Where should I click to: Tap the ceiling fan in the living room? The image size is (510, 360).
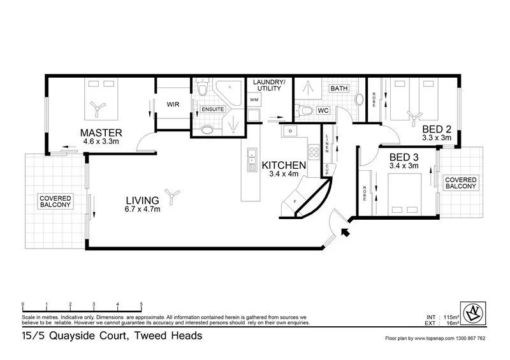click(169, 192)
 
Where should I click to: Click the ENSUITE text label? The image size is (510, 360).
click(212, 110)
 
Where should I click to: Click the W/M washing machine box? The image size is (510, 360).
click(254, 100)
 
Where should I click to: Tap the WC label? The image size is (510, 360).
click(323, 111)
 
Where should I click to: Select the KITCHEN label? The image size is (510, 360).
click(284, 166)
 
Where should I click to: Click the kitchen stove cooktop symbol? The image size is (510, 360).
click(314, 152)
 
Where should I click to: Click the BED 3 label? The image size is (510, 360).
click(404, 157)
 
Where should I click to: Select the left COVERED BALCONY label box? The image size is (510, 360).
click(55, 202)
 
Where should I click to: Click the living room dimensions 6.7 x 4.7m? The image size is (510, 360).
click(142, 209)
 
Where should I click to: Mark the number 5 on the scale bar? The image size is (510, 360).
click(141, 304)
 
